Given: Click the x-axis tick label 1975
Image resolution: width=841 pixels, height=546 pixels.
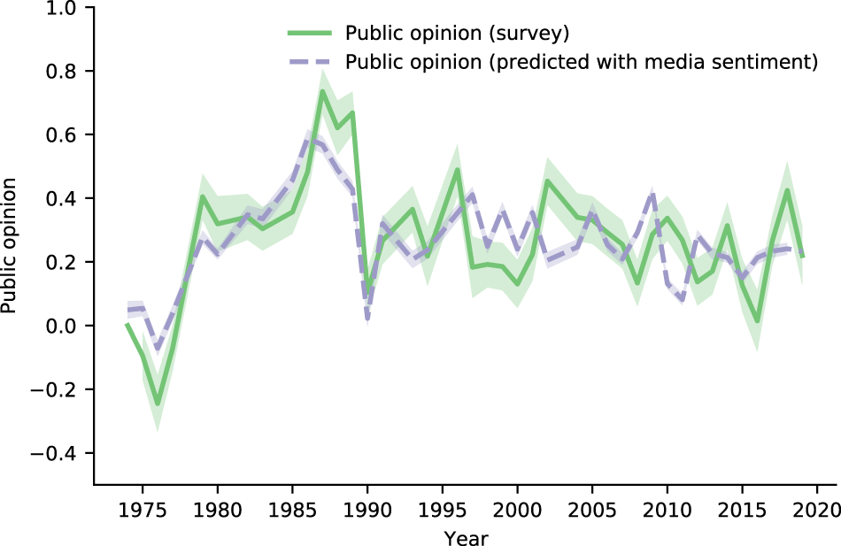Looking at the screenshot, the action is (143, 510).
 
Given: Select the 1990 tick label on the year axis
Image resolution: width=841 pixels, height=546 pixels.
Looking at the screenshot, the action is (367, 510).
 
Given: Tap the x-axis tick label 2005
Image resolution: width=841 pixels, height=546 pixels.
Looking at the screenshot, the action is (592, 510).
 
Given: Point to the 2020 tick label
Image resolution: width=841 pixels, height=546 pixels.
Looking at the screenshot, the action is (816, 510).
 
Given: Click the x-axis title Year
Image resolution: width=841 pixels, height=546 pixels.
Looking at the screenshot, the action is (466, 537).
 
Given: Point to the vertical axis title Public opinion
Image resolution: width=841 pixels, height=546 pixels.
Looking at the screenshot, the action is (9, 246).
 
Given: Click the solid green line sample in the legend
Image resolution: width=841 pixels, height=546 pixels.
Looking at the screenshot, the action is (310, 34).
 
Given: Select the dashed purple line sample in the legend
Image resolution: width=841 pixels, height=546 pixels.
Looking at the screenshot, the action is (310, 62).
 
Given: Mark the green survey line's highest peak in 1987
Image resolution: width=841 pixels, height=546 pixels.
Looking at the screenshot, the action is (322, 91).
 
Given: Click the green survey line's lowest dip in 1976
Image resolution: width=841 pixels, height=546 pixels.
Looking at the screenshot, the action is (158, 404).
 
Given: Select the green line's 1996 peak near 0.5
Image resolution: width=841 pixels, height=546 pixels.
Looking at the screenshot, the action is (458, 170).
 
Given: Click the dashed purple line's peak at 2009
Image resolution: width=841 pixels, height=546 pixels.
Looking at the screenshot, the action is (652, 193).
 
